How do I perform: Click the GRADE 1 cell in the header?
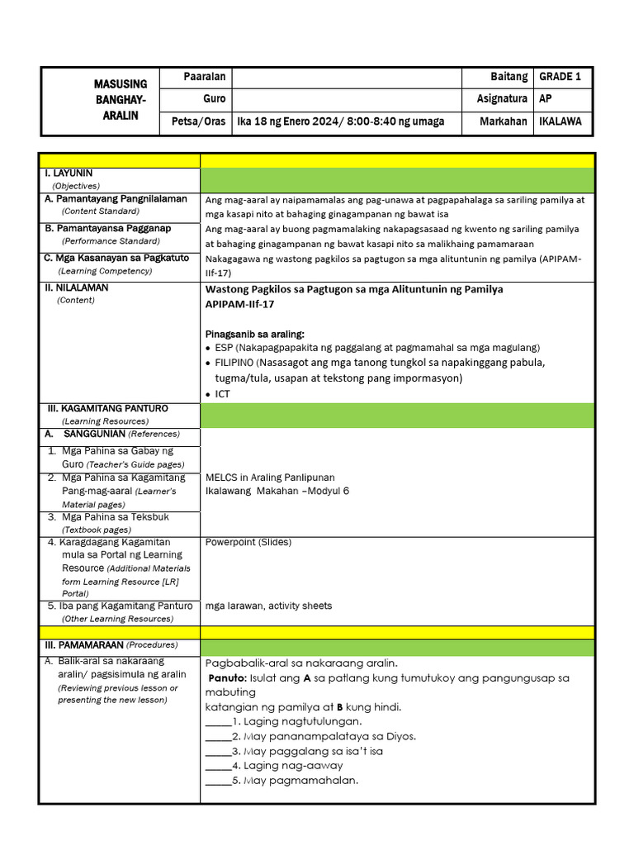561,77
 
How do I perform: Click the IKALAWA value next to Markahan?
561,121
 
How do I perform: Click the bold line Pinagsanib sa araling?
254,334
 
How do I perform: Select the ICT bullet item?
222,394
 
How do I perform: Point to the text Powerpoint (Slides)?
248,542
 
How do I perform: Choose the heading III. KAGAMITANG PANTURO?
106,408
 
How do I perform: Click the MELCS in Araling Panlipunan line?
270,477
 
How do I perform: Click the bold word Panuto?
228,677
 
